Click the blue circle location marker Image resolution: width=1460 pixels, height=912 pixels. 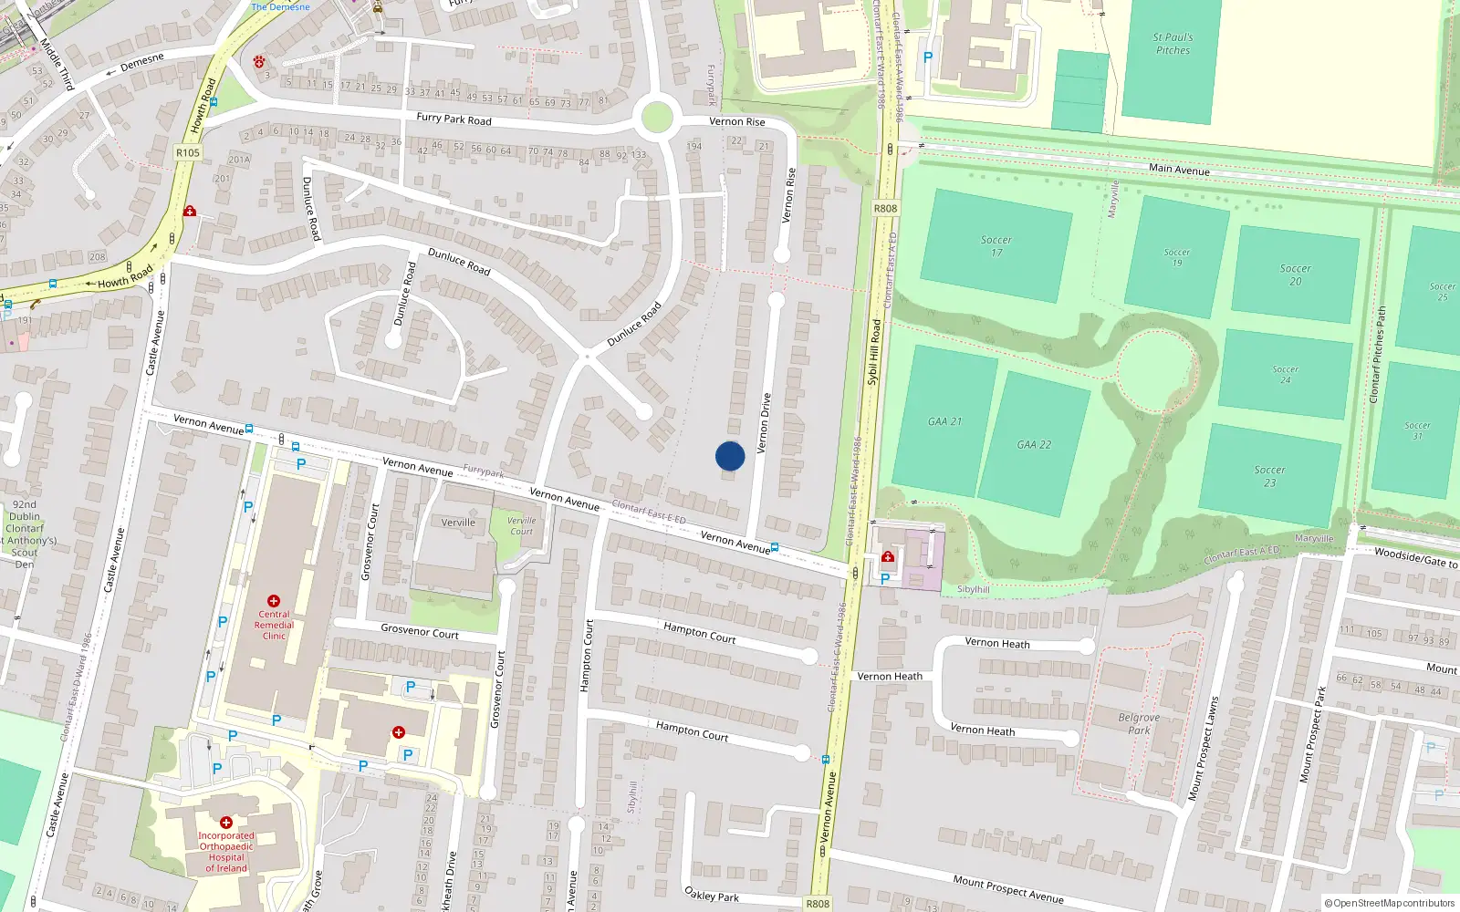[x=730, y=456]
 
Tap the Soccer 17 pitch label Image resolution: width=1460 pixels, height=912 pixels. [x=996, y=246]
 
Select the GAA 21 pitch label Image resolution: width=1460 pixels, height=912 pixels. [x=944, y=421]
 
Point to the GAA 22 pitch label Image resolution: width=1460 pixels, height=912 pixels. [x=1034, y=445]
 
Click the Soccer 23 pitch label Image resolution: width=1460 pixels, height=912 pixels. [x=1269, y=476]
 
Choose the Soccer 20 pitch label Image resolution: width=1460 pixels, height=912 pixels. [x=1295, y=275]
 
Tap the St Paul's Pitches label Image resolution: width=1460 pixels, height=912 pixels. [x=1173, y=44]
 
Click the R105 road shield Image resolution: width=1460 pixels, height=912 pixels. [x=188, y=152]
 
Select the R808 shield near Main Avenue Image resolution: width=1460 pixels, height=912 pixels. [x=885, y=209]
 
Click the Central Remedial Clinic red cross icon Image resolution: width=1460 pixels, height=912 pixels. [x=274, y=601]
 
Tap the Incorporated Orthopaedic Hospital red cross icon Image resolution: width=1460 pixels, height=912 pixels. [x=226, y=823]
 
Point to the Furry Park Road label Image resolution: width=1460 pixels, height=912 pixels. [x=454, y=119]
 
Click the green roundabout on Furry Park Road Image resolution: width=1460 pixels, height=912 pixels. [x=657, y=118]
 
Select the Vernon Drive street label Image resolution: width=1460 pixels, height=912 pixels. [x=765, y=423]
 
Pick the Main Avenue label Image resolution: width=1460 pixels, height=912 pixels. [x=1179, y=170]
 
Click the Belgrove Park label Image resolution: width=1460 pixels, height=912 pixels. [x=1139, y=723]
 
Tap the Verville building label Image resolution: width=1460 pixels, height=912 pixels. [x=458, y=523]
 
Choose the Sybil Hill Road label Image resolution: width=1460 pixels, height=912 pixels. [x=873, y=352]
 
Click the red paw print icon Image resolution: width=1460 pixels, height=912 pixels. [x=260, y=62]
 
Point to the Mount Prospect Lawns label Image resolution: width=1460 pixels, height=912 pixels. [x=1204, y=749]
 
